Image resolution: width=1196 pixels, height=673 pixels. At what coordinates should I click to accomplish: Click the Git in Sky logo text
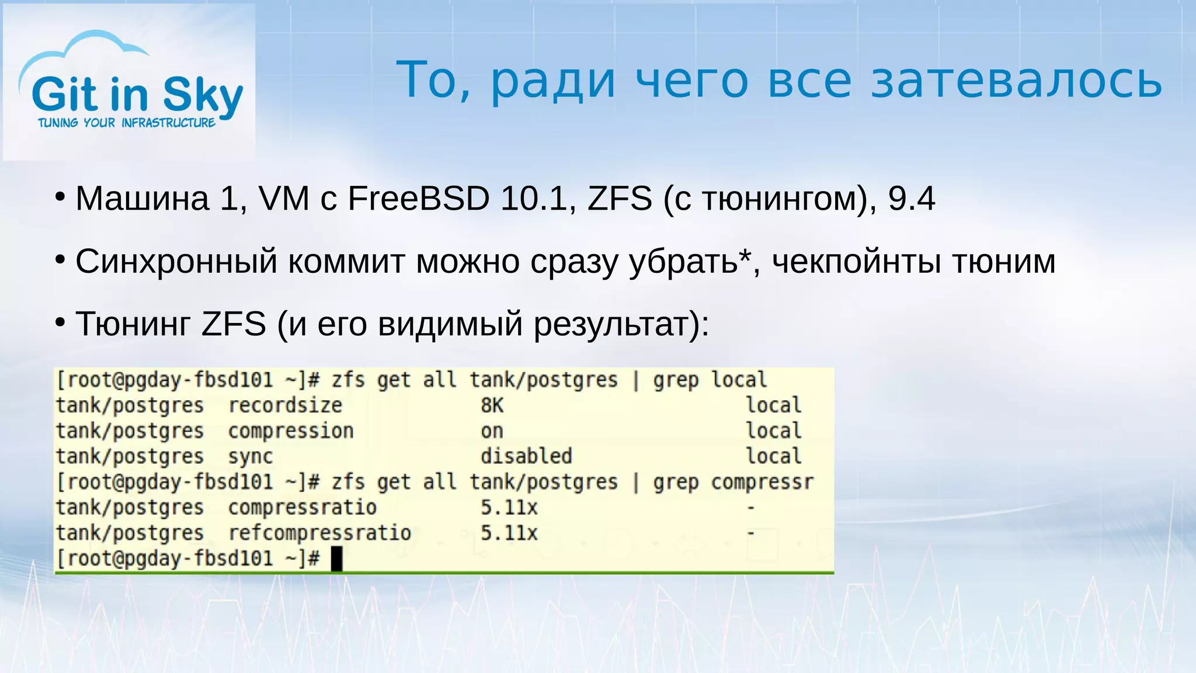(137, 95)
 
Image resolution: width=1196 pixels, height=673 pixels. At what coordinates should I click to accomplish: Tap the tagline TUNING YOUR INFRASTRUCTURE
(127, 123)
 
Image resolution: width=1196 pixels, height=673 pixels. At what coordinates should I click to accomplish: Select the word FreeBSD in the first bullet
(418, 199)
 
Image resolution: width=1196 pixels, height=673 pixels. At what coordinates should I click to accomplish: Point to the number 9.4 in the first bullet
(911, 199)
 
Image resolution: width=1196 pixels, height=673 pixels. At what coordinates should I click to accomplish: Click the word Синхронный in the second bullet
(176, 261)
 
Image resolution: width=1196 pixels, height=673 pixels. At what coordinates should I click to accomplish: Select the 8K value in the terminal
(492, 405)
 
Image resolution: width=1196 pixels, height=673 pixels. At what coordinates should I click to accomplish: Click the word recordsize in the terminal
(285, 405)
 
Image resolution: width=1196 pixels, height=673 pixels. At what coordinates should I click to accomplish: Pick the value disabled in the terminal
(526, 456)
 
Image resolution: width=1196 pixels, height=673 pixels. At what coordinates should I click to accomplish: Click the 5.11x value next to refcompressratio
(509, 533)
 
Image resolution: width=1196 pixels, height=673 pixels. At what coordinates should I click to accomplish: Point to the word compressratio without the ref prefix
(302, 508)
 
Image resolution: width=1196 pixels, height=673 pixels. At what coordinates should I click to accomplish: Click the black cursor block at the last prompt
(336, 558)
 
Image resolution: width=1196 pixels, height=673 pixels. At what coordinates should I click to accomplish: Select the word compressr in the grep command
(762, 483)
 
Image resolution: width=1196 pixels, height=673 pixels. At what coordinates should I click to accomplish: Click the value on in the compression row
(492, 431)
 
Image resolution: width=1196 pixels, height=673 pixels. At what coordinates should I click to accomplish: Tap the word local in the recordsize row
(774, 405)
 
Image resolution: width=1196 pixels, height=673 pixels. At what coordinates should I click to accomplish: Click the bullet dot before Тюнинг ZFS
(60, 322)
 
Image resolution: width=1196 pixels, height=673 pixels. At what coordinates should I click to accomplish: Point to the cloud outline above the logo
(88, 47)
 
